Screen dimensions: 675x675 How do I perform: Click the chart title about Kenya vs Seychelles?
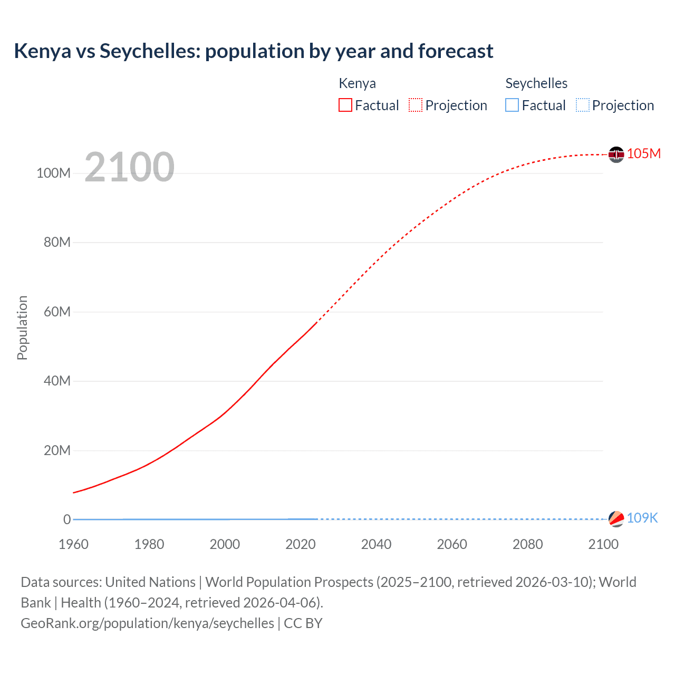[x=254, y=51]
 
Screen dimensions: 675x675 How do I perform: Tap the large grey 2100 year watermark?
[x=129, y=167]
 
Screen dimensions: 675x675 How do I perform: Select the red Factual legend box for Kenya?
[x=345, y=105]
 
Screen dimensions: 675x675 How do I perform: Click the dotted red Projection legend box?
[x=416, y=105]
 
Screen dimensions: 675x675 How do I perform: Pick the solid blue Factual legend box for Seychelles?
[x=512, y=105]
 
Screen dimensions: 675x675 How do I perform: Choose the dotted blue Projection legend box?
[x=583, y=105]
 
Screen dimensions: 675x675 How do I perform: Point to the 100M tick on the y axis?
[x=53, y=173]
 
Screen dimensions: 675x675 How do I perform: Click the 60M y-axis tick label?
[x=57, y=312]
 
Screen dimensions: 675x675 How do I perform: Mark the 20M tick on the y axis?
[x=57, y=450]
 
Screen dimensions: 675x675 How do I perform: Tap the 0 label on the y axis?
[x=67, y=519]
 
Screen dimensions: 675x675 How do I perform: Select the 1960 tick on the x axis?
[x=73, y=544]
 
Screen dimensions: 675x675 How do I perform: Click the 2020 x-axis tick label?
[x=301, y=544]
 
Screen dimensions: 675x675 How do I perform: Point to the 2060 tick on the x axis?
[x=452, y=544]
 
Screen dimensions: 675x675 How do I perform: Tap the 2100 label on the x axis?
[x=603, y=544]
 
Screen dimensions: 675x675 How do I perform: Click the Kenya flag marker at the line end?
[x=616, y=155]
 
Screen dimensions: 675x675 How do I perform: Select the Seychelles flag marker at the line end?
[x=616, y=519]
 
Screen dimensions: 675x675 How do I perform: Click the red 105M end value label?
[x=644, y=153]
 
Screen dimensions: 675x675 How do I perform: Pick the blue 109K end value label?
[x=642, y=518]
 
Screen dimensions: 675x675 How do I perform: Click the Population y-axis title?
[x=22, y=327]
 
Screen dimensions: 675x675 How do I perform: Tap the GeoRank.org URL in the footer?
[x=147, y=623]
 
